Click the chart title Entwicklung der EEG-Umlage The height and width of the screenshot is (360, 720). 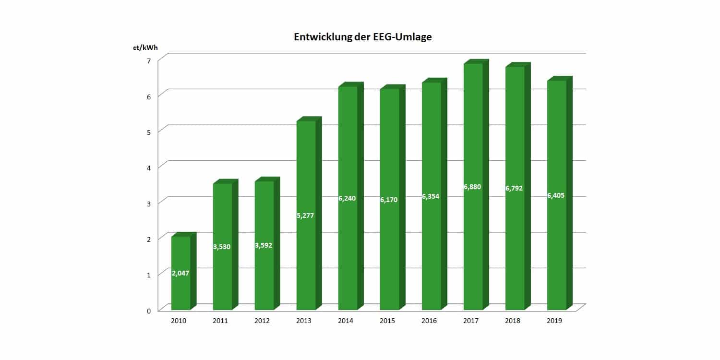tap(356, 37)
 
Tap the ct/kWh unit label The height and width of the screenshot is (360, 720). tap(145, 48)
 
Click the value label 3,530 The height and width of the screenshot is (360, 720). tap(222, 247)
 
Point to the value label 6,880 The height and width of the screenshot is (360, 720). tap(473, 187)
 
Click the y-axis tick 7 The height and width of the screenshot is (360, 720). tap(149, 60)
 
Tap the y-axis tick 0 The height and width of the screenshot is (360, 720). tap(149, 311)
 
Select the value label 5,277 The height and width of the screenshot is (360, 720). tap(306, 216)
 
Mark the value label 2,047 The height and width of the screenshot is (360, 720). tap(180, 273)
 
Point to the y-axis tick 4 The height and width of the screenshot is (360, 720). tap(149, 168)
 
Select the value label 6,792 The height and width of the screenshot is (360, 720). tap(515, 188)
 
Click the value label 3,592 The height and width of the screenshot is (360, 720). tap(264, 245)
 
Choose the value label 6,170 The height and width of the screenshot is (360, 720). tap(389, 199)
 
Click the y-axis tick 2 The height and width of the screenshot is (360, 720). tap(149, 239)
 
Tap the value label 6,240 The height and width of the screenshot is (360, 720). tap(348, 198)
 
